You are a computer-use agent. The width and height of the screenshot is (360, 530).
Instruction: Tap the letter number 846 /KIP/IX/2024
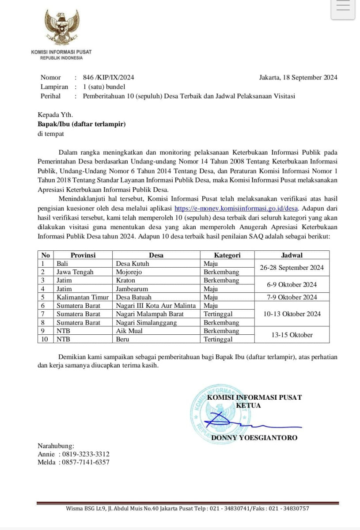[108, 77]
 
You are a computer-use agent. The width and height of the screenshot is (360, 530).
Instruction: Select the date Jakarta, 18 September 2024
[298, 77]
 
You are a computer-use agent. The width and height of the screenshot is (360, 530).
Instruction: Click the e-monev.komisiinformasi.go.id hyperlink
[237, 208]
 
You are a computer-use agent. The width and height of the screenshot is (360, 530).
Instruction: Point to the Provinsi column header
[83, 255]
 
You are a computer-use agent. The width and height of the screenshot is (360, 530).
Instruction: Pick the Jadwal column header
[292, 255]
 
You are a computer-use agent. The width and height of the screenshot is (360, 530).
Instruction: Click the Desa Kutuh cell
[132, 264]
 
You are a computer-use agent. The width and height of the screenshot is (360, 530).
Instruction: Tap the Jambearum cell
[132, 289]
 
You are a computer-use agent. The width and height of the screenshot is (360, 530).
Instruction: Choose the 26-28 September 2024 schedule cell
[292, 268]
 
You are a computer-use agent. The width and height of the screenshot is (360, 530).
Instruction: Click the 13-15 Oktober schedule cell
[292, 335]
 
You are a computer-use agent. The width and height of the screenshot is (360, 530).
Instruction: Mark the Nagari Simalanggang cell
[146, 322]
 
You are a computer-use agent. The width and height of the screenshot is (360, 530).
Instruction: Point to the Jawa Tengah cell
[75, 272]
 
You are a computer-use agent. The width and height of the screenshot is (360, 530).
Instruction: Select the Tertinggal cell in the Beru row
[218, 339]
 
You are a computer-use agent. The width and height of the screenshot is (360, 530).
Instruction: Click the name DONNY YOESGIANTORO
[254, 438]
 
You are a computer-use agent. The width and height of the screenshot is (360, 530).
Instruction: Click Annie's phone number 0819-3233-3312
[86, 454]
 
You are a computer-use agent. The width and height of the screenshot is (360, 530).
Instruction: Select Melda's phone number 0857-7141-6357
[86, 462]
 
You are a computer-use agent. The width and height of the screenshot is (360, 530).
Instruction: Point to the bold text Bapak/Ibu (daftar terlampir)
[82, 124]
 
